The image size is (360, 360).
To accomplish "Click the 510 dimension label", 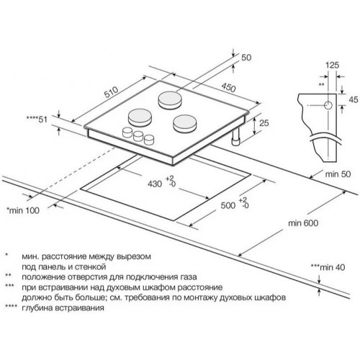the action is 112,91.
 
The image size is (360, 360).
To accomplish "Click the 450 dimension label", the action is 228,88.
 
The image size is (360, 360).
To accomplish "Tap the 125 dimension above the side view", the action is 333,65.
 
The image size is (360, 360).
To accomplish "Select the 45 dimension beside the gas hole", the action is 354,99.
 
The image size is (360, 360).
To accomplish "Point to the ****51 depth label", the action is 38,120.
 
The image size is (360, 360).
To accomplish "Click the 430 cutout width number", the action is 155,184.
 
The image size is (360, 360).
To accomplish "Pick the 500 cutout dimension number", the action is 228,205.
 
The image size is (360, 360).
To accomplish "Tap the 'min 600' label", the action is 303,223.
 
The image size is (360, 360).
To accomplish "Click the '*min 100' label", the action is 23,210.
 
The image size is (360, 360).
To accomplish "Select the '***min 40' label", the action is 328,267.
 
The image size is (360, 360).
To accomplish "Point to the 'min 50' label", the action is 338,174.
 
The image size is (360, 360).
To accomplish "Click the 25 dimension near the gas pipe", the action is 264,123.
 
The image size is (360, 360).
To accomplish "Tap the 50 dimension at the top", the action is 246,58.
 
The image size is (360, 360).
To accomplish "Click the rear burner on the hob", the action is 170,99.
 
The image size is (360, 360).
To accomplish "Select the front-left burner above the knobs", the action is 140,117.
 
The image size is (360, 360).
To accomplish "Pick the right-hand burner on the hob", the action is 185,124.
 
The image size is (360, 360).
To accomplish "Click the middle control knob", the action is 138,136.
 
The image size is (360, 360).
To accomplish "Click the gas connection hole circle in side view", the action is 328,105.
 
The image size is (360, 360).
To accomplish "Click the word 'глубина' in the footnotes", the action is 37,308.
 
